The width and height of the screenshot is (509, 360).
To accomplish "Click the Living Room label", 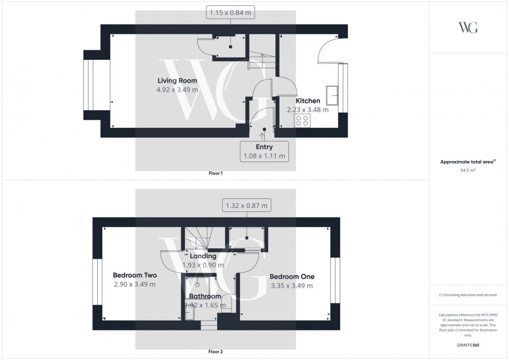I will (177, 81).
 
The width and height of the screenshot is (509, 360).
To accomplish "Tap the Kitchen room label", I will (308, 101).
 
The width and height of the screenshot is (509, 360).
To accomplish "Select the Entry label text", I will (264, 147).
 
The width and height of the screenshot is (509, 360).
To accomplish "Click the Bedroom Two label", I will (135, 275).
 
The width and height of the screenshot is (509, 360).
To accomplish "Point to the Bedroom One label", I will (292, 276).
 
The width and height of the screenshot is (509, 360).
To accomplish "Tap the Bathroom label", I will (205, 297).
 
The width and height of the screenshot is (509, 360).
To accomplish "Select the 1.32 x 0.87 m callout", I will (247, 206).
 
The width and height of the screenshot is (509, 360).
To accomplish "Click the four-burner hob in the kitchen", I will (302, 121).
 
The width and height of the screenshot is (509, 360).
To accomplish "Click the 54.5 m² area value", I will (468, 170).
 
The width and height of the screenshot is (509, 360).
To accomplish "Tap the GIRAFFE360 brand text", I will (468, 345).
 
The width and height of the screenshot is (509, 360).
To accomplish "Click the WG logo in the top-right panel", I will (468, 28).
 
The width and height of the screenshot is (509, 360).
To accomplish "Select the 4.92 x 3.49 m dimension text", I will (177, 89).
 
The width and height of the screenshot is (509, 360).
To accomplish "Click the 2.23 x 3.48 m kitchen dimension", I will (308, 110).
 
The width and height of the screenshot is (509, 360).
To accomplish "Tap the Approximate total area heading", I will (467, 162).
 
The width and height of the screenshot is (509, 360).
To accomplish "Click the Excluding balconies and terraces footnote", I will (468, 295).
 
